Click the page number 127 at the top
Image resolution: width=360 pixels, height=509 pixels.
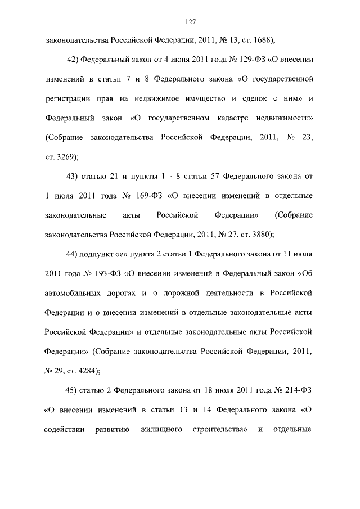[190, 21]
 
